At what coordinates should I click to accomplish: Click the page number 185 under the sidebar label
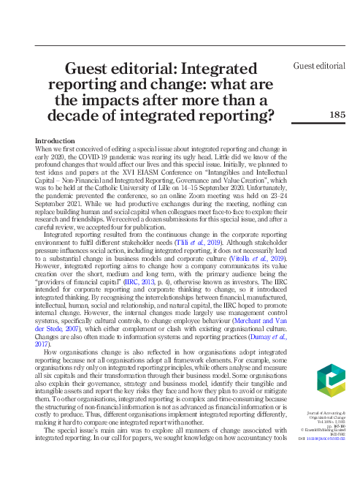point(337,114)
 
